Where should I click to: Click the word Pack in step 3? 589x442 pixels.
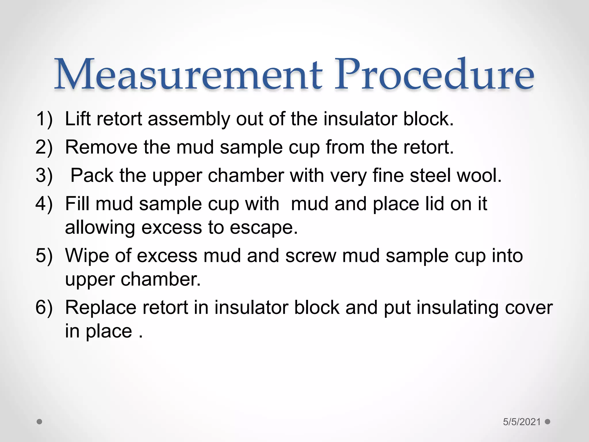[92, 175]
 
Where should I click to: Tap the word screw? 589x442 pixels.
[311, 256]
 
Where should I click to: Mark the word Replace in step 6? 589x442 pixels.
[101, 307]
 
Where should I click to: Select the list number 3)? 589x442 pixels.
[44, 175]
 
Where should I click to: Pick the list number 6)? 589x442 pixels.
[44, 307]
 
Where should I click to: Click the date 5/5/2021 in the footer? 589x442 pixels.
[522, 422]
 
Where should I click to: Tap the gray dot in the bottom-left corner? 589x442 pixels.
[40, 422]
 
